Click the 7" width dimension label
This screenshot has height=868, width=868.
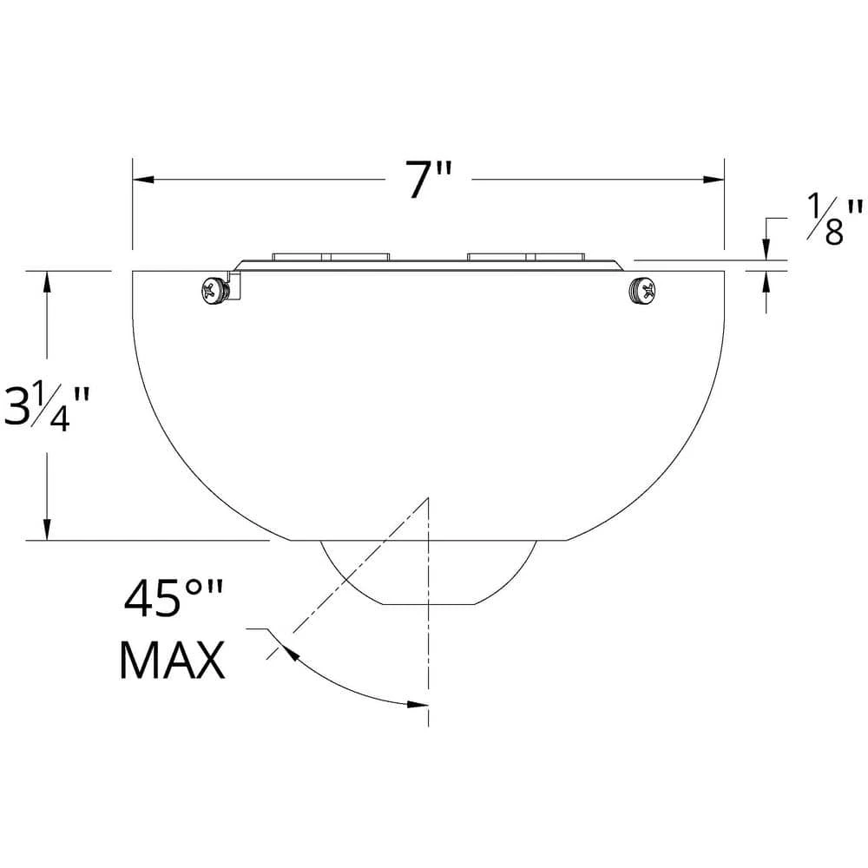coord(430,181)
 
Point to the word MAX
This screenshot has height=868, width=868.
coord(172,660)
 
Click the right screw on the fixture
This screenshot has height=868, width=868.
coord(642,290)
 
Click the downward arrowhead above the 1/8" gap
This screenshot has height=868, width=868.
coord(766,250)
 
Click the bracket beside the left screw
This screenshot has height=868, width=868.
coord(234,286)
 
